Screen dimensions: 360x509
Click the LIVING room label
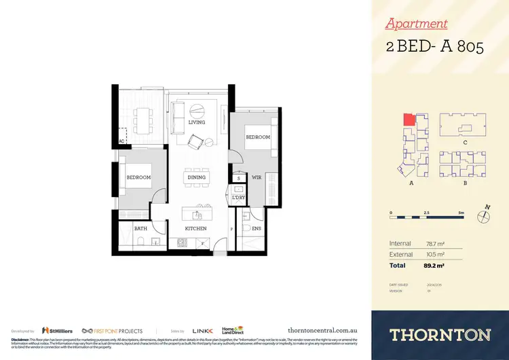pos(196,122)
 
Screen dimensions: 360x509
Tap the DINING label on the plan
pos(196,177)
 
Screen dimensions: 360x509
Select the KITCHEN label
pos(196,229)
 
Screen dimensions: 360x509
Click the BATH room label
pos(141,229)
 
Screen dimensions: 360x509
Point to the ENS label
pos(257,229)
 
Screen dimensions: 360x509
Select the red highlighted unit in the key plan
pos(409,120)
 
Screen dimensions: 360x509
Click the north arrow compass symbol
pos(483,217)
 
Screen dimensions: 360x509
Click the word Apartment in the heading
pos(416,24)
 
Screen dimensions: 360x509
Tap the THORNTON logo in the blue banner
pos(440,334)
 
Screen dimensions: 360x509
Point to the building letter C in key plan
pos(464,143)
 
